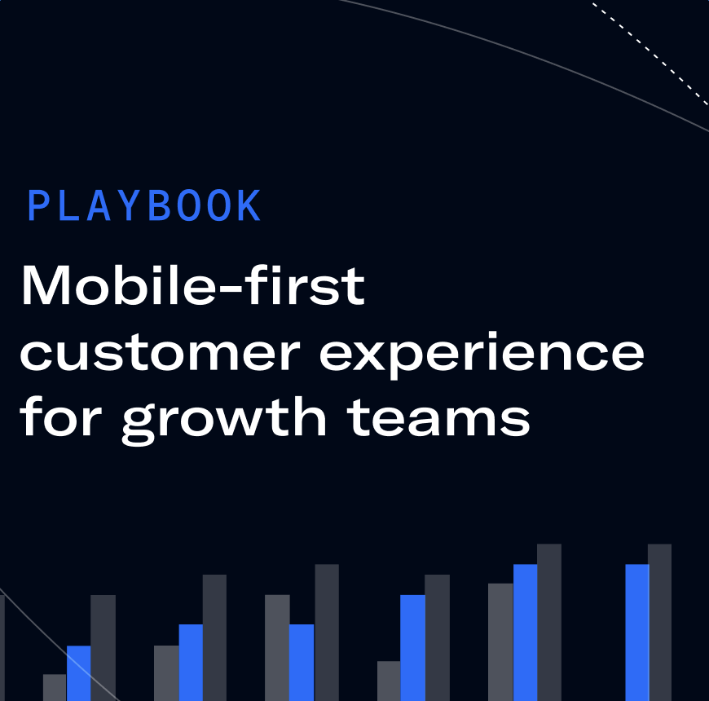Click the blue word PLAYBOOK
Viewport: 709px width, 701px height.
(144, 205)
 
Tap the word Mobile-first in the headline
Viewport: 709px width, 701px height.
(193, 286)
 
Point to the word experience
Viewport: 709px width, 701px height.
(482, 355)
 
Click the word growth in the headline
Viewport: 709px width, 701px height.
(224, 421)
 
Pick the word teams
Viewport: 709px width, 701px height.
(439, 418)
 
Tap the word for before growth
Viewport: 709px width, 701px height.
(60, 416)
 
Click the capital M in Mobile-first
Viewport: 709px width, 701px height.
(46, 286)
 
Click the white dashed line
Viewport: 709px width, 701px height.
(650, 53)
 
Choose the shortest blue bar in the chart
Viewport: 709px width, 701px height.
(79, 673)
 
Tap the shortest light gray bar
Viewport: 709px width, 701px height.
(55, 687)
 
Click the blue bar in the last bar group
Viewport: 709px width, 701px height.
(637, 633)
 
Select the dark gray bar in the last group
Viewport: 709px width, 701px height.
(660, 622)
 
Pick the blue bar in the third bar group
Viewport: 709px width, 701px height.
(302, 663)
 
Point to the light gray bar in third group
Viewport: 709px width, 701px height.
(277, 648)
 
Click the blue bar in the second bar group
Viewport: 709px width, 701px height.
(191, 663)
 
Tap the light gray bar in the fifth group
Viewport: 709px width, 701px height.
(500, 642)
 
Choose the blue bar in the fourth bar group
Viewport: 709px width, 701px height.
(413, 648)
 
